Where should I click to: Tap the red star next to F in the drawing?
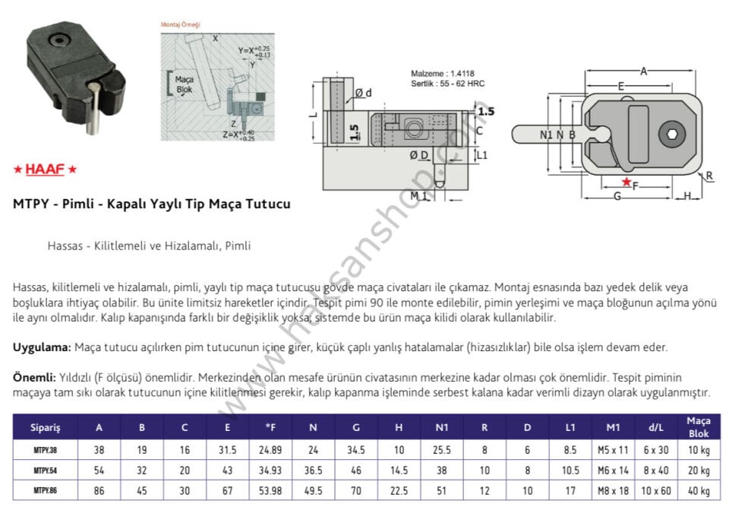point(626,182)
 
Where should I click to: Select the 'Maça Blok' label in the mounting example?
point(183,84)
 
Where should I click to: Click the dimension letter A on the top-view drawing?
point(643,71)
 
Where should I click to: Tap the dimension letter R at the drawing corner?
point(709,176)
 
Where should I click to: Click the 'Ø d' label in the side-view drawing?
point(363,93)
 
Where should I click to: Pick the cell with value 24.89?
point(270,449)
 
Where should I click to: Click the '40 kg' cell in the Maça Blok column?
point(698,490)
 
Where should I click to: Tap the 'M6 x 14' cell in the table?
point(617,470)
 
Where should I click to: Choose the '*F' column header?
point(270,427)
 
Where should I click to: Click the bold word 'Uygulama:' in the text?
point(42,347)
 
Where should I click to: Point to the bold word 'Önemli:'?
point(34,378)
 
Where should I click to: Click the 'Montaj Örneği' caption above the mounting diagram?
point(180,24)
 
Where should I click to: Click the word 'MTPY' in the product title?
point(30,204)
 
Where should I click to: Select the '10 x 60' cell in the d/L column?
point(656,490)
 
